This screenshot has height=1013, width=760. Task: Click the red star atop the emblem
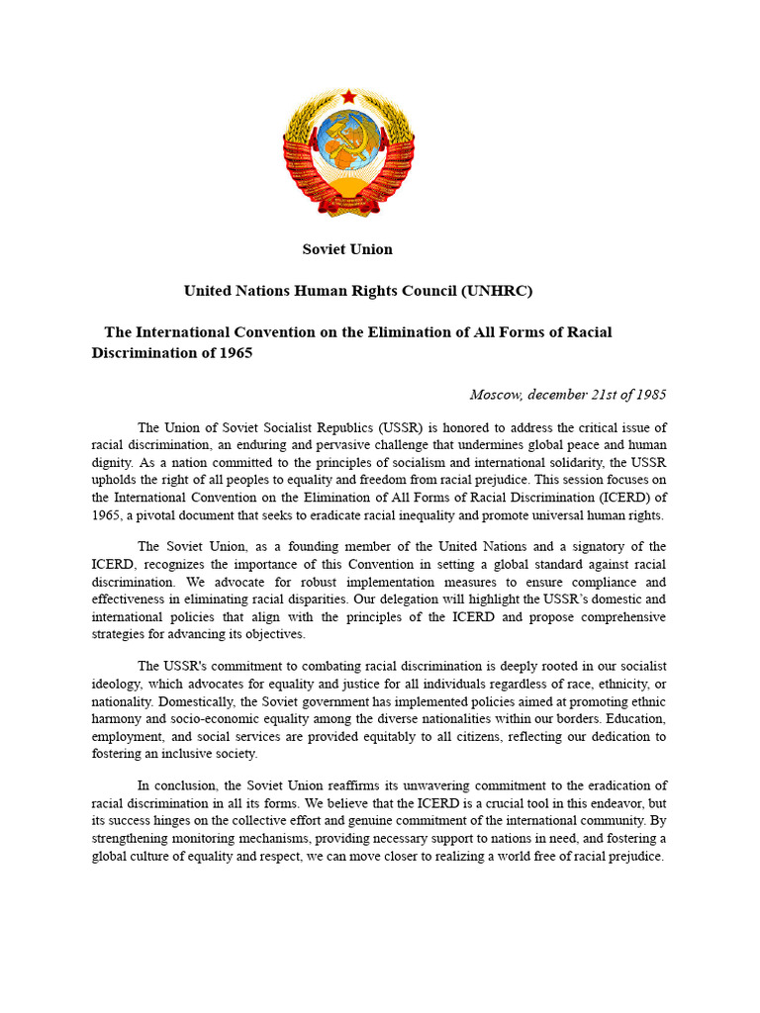click(x=348, y=96)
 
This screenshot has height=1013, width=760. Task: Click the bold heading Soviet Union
click(x=347, y=249)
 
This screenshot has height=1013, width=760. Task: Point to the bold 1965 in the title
click(x=235, y=353)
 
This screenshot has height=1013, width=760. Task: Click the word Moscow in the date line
click(x=495, y=394)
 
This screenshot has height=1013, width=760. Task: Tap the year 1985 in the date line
click(x=649, y=394)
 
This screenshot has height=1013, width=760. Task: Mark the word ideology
click(x=122, y=683)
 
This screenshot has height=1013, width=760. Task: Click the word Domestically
click(x=132, y=700)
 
